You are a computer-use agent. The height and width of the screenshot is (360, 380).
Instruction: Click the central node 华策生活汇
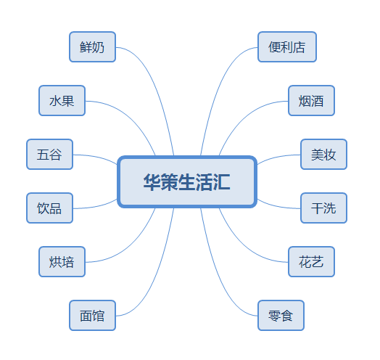(187, 182)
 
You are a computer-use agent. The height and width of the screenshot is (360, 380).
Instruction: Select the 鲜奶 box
(92, 47)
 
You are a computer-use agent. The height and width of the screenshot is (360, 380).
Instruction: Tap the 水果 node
(62, 100)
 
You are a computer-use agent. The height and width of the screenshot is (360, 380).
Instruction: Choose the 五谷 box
(50, 155)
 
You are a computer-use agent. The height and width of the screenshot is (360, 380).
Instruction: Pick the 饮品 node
(50, 208)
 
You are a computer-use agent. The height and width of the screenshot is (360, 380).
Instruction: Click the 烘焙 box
(62, 262)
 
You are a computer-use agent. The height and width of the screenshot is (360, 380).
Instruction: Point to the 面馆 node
(92, 316)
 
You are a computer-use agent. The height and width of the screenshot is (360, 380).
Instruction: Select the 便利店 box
(287, 47)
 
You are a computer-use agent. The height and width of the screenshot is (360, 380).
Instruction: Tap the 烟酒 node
(311, 100)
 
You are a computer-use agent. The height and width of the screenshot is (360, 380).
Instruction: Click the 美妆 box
(323, 155)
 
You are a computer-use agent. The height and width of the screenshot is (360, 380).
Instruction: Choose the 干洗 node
(323, 208)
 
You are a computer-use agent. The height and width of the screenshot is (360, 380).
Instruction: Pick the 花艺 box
(311, 262)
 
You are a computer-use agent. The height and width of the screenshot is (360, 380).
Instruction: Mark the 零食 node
(281, 316)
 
